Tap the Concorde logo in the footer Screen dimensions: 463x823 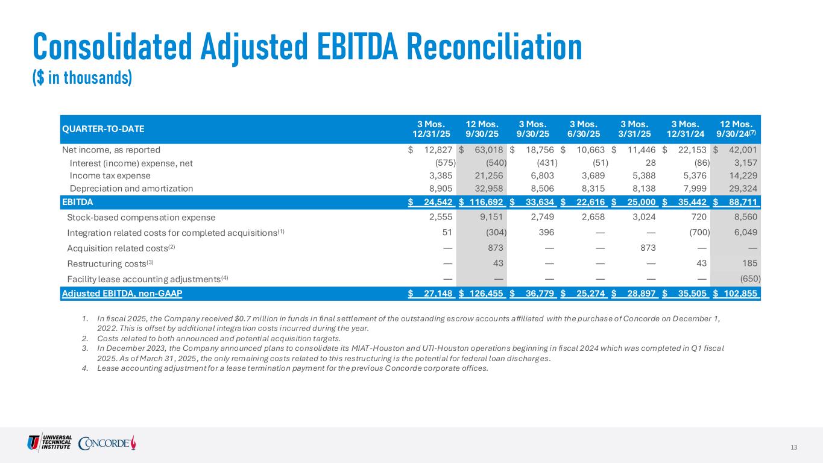(x=107, y=443)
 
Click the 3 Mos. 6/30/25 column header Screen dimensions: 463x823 (x=584, y=128)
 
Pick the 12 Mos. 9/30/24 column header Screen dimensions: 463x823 (x=736, y=128)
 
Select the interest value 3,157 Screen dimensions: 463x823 (x=748, y=163)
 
